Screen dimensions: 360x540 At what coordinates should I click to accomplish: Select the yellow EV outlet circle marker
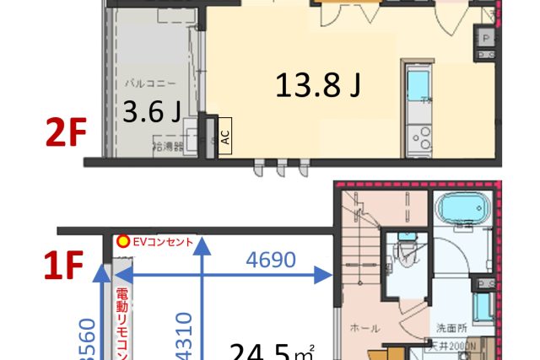click(123, 241)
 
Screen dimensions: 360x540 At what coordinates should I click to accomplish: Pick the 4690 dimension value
click(270, 261)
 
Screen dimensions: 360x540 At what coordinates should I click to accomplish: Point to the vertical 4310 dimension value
click(185, 336)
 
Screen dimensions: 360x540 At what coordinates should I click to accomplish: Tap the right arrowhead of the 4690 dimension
click(322, 275)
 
